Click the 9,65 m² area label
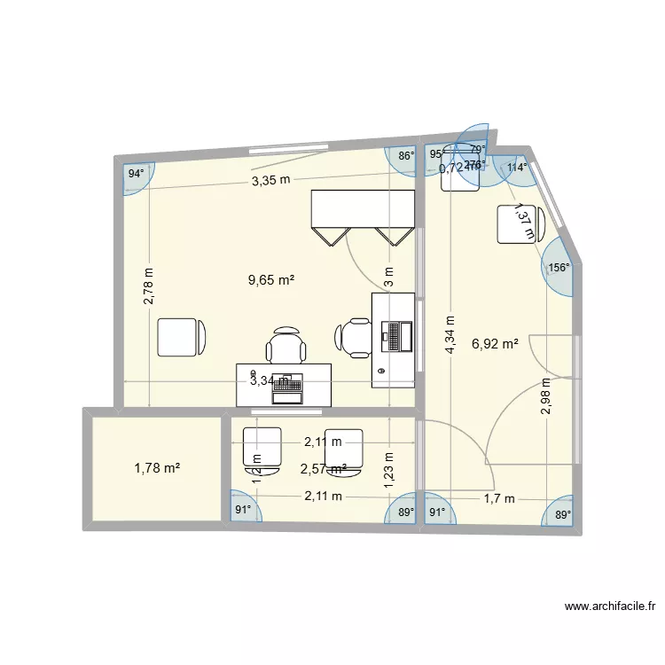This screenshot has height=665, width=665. (271, 280)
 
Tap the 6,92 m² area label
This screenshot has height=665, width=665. (496, 343)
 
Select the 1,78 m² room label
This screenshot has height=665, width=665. (157, 467)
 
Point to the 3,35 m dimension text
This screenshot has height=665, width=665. (270, 180)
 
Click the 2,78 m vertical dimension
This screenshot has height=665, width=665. (149, 286)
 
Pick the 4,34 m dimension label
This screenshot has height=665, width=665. (450, 335)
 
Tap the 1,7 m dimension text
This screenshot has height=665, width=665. (498, 498)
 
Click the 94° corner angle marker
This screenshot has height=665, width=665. (135, 174)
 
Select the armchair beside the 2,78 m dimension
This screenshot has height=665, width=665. (182, 337)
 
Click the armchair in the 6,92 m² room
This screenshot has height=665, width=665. (513, 223)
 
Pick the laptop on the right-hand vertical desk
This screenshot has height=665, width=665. (395, 334)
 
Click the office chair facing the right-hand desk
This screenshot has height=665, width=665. (354, 337)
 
